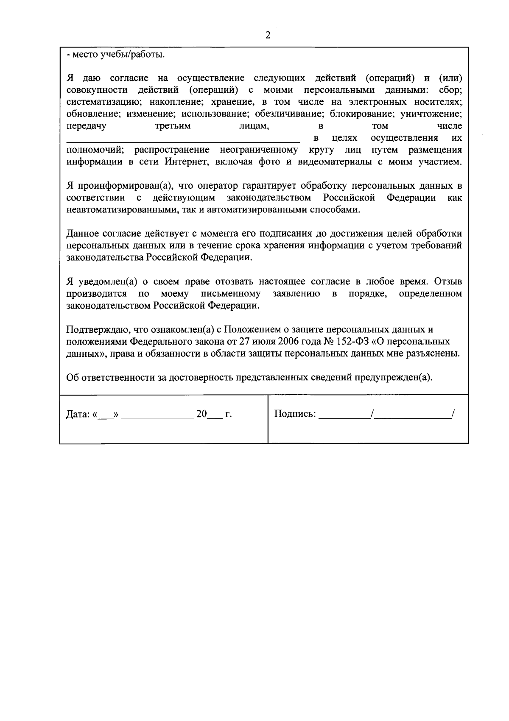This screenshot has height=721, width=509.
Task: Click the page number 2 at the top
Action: (x=268, y=35)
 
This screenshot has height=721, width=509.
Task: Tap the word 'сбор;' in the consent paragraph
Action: (x=450, y=90)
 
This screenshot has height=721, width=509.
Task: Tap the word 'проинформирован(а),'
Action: (x=123, y=186)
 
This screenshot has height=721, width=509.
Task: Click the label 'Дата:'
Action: (x=78, y=415)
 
